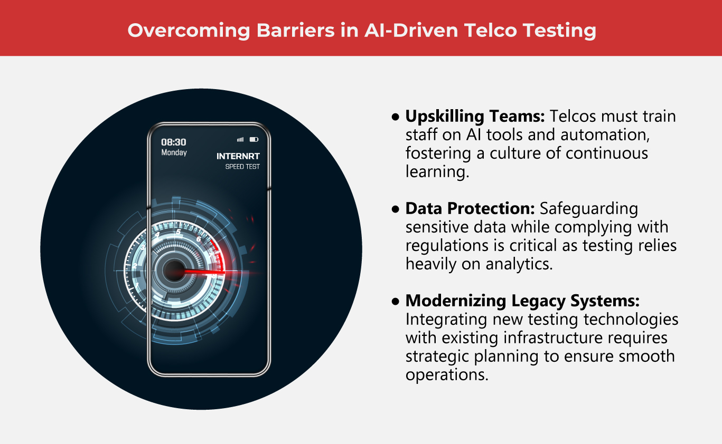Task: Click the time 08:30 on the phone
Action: point(173,142)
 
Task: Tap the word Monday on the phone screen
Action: point(174,152)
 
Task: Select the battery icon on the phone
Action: point(254,139)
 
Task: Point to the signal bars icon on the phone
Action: point(240,139)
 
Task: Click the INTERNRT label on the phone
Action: point(238,156)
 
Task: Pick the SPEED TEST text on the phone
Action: point(242,167)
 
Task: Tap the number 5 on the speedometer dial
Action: point(178,231)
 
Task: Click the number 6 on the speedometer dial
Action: point(199,239)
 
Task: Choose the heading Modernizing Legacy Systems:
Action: point(522,301)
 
